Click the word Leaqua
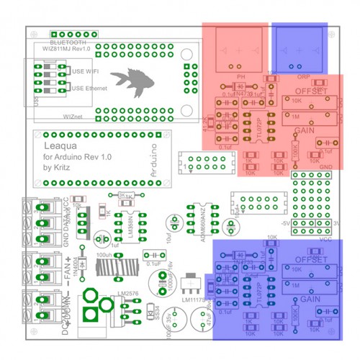58,146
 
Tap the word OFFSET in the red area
311,93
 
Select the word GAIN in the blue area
310,299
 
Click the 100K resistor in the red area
293,150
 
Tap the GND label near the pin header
326,167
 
